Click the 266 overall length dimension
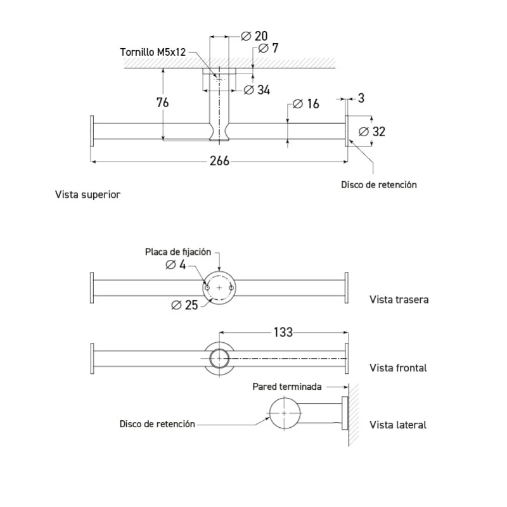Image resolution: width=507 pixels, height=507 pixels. (219, 161)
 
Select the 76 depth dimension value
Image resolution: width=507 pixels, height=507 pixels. (162, 103)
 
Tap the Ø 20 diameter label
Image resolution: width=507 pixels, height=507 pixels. (255, 36)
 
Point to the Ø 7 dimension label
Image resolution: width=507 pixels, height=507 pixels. (268, 48)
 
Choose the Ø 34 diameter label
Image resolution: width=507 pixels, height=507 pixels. (257, 90)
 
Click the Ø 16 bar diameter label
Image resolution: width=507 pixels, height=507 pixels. (306, 104)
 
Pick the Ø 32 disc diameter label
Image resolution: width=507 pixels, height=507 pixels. (372, 132)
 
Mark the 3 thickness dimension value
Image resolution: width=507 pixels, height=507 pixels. (361, 98)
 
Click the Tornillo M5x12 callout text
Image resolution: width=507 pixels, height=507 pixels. (153, 52)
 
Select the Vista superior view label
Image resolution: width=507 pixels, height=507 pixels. (87, 195)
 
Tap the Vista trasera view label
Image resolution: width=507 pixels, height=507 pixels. (399, 299)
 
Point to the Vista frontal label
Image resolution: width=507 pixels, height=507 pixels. (398, 368)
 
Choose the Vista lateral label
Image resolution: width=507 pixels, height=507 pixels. (398, 425)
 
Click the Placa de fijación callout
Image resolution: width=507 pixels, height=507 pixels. (178, 252)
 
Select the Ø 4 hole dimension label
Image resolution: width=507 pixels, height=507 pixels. (176, 265)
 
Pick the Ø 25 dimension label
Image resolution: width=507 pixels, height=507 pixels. (184, 305)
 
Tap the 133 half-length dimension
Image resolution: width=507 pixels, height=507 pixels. (283, 332)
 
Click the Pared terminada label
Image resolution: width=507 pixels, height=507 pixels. (287, 387)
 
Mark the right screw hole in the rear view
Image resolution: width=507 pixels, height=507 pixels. (231, 288)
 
